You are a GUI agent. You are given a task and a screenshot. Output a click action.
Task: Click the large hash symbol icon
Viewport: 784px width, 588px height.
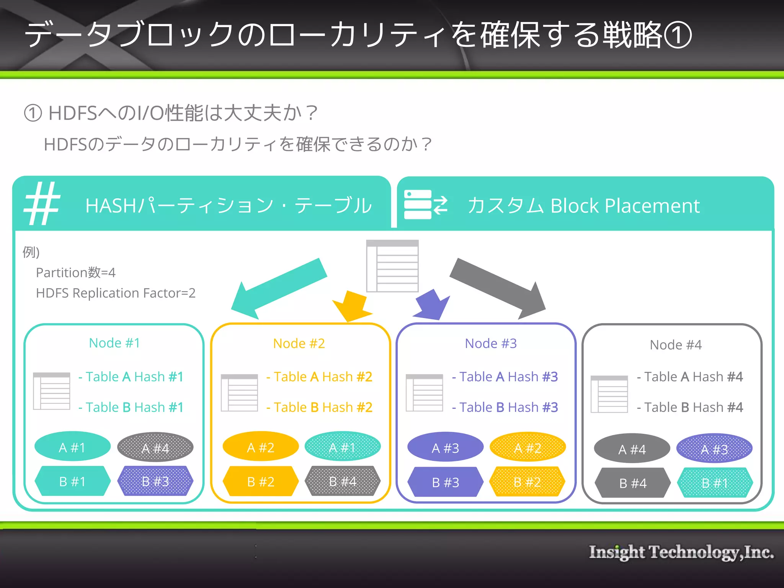[42, 204]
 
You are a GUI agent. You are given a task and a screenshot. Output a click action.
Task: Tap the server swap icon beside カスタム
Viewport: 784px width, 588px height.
[425, 204]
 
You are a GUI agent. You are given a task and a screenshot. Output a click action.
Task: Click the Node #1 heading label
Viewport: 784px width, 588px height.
[114, 343]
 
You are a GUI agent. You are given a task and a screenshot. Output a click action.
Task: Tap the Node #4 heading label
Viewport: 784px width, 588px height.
[676, 345]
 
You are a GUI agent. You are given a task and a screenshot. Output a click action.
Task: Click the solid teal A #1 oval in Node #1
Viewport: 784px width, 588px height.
[72, 447]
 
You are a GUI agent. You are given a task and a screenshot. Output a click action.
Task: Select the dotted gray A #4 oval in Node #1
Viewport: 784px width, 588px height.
[155, 448]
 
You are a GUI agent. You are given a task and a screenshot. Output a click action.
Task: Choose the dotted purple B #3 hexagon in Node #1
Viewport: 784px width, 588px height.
[155, 481]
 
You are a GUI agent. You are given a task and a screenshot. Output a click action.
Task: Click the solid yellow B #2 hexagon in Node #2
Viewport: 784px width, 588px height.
[261, 482]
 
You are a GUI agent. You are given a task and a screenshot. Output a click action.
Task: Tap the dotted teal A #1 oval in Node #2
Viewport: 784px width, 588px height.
[342, 447]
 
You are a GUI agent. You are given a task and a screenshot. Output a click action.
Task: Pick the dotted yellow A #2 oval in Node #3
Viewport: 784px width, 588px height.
[528, 448]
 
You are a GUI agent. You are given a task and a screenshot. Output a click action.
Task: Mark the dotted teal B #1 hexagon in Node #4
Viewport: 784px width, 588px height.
[715, 483]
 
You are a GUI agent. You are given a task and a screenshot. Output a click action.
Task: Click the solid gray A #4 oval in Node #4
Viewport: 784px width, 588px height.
[632, 449]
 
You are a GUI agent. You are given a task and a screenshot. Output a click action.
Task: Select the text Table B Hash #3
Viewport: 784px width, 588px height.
[505, 407]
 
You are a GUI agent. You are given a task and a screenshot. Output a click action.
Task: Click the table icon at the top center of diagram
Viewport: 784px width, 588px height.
[392, 266]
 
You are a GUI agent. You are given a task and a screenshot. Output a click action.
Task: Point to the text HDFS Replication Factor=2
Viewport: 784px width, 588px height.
[116, 293]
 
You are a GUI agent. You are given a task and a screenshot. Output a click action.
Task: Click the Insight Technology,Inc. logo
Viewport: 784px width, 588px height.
[681, 552]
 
